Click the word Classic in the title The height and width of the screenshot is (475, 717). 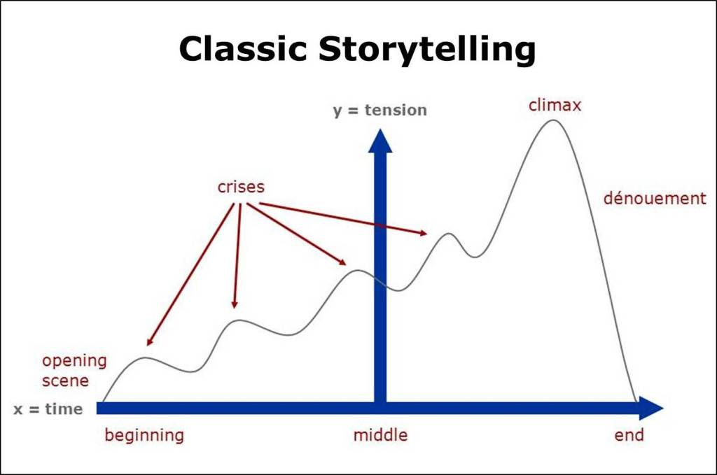[x=242, y=50]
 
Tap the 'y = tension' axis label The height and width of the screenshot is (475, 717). [x=380, y=110]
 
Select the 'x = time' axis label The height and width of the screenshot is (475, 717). [x=48, y=409]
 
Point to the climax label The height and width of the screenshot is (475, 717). [x=555, y=106]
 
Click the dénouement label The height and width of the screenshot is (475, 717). [x=655, y=199]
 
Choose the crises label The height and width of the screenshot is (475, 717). [x=241, y=187]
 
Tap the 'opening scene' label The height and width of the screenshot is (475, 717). [x=74, y=371]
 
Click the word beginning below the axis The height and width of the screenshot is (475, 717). [x=144, y=435]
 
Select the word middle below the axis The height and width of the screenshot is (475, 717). [x=380, y=435]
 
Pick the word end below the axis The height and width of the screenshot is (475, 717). [x=629, y=435]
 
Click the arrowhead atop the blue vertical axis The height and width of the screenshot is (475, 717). [x=380, y=140]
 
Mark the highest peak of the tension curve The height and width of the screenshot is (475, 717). [x=553, y=120]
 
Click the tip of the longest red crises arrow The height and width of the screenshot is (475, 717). [x=148, y=345]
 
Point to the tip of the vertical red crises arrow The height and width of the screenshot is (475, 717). [x=235, y=308]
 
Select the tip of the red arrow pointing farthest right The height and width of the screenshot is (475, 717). [x=427, y=233]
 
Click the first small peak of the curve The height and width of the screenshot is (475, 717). [x=146, y=358]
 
